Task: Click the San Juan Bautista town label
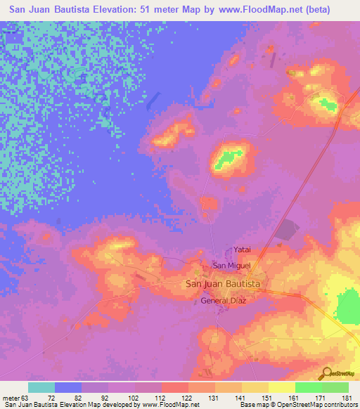(223, 283)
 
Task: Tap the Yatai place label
(242, 249)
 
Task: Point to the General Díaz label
(224, 300)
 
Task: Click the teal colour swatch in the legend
(41, 387)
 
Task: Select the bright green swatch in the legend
(309, 387)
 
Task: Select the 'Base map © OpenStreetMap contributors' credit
(297, 405)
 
